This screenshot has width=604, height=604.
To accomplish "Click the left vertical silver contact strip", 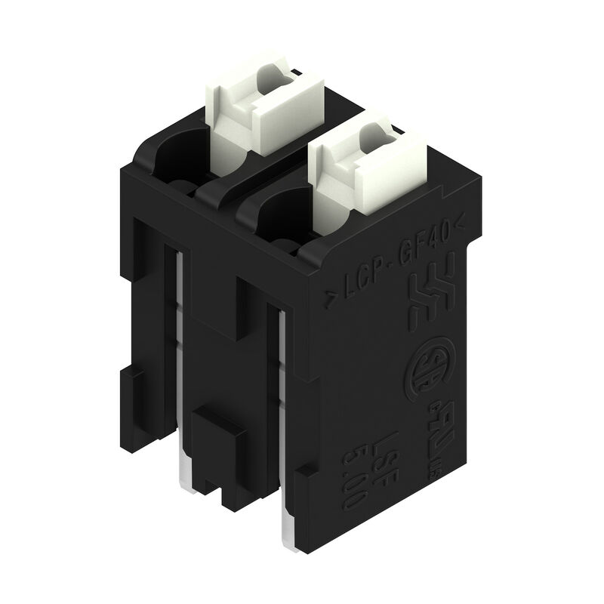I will click(180, 340).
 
